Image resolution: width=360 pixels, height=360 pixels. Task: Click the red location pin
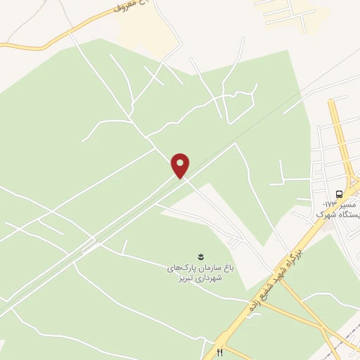coord(181,166)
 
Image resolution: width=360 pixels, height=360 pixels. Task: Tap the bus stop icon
coord(340,193)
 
